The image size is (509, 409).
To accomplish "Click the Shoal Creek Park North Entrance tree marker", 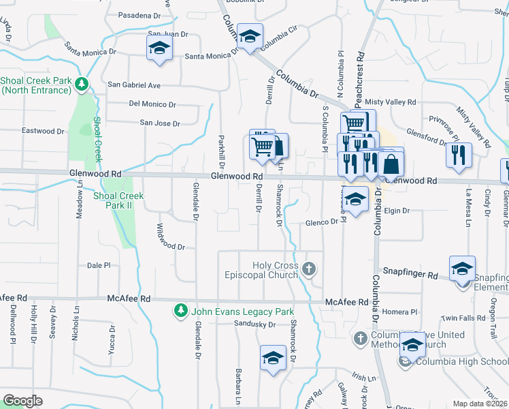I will (82, 84).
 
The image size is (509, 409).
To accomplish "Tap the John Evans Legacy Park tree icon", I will (180, 311).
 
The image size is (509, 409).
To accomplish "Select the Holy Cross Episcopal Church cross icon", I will (310, 269).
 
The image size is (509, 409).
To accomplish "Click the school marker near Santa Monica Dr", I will (159, 49).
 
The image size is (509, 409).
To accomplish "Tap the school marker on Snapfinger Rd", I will (462, 270).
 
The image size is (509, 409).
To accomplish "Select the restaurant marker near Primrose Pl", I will (459, 154).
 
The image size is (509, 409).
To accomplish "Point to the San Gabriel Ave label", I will (134, 85).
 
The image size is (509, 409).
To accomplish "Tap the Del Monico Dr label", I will (152, 104).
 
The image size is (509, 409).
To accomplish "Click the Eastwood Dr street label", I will (43, 131).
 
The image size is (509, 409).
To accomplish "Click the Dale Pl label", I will (99, 266).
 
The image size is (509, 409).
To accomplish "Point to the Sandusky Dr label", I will (254, 324).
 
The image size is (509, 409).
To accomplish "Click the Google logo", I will (22, 401).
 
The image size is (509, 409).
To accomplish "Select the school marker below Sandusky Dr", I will (272, 359).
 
